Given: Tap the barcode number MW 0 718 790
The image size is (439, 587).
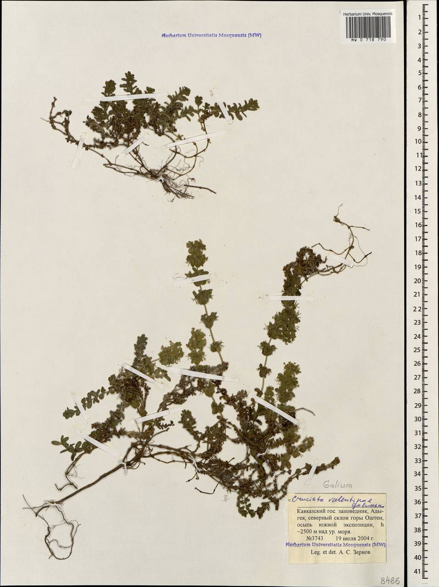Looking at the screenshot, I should [368, 40].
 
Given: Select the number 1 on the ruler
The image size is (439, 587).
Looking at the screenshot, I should [419, 17].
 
